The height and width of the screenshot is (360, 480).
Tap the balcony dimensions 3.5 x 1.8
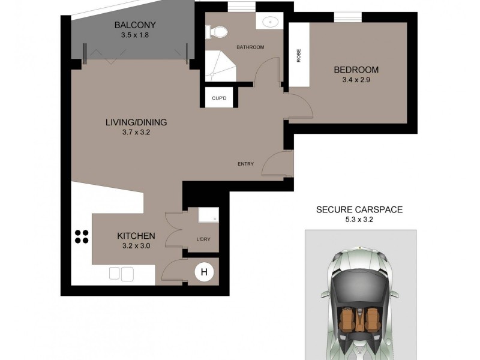tap(135, 35)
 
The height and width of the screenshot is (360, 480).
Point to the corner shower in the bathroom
tap(219, 65)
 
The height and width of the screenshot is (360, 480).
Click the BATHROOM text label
tap(250, 47)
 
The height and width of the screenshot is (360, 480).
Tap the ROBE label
tap(298, 55)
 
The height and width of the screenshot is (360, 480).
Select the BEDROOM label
tap(356, 70)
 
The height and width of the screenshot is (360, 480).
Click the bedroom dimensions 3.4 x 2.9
tap(356, 80)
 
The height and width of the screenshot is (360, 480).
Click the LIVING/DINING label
tap(136, 122)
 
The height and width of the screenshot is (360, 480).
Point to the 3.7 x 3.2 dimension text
tap(136, 133)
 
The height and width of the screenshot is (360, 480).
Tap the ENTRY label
tap(245, 164)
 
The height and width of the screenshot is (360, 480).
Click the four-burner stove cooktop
tap(81, 236)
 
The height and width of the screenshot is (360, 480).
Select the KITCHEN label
tap(136, 236)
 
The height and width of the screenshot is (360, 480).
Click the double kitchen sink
tap(121, 274)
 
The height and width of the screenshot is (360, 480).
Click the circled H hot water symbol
tap(204, 272)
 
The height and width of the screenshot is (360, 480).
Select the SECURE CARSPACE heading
tap(359, 209)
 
